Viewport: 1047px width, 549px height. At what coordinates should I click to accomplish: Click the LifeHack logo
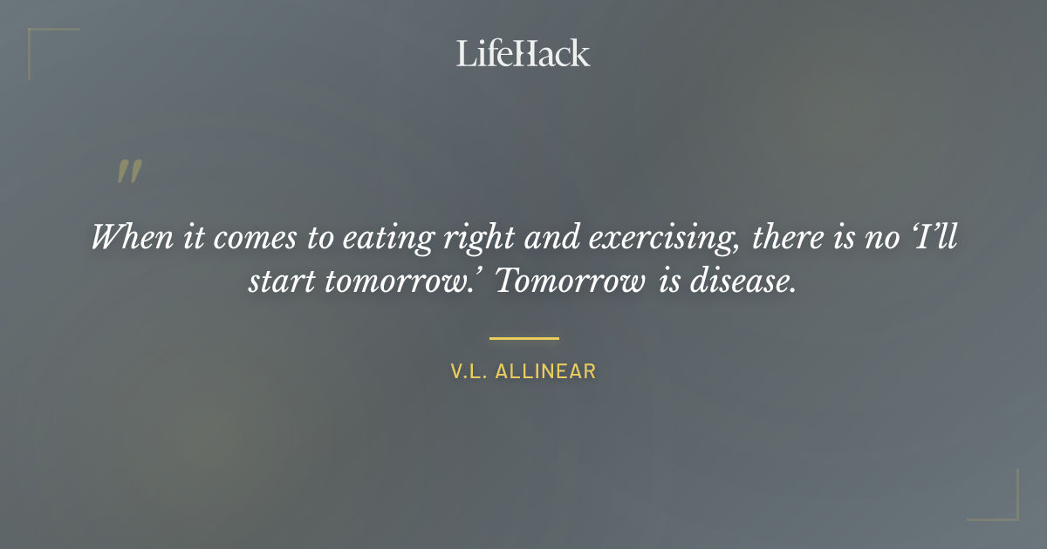(523, 53)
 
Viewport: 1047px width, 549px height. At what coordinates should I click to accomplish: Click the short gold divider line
(523, 338)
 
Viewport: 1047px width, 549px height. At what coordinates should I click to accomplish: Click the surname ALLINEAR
(545, 371)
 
